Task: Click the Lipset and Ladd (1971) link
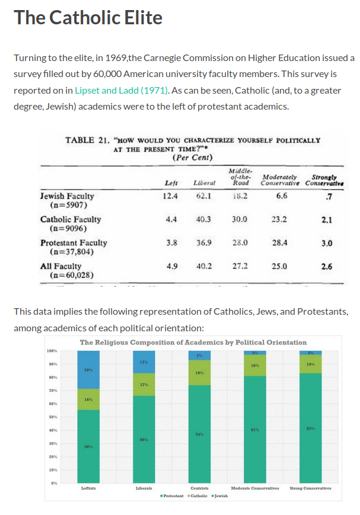122,91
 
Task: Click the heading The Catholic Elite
88,18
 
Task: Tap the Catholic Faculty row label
71,219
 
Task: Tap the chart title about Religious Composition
193,342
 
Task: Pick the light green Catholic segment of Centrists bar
199,373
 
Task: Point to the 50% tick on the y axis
52,417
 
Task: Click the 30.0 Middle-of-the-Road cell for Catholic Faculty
240,219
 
